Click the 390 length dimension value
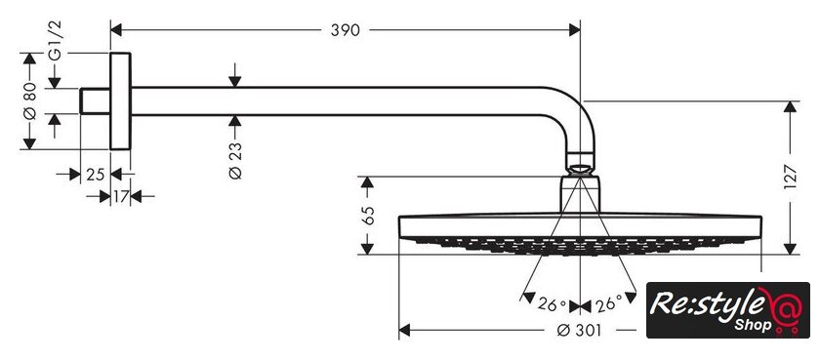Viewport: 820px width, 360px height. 346,30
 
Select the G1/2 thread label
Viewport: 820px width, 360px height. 55,40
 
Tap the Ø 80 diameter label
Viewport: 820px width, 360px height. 30,100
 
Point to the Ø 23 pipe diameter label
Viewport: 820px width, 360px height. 235,160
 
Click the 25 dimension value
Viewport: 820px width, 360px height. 96,175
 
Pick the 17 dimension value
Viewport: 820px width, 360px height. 121,197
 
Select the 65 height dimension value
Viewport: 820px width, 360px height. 368,216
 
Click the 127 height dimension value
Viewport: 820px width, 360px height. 790,178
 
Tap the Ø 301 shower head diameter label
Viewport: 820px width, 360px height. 579,330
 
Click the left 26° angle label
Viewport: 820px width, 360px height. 552,304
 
